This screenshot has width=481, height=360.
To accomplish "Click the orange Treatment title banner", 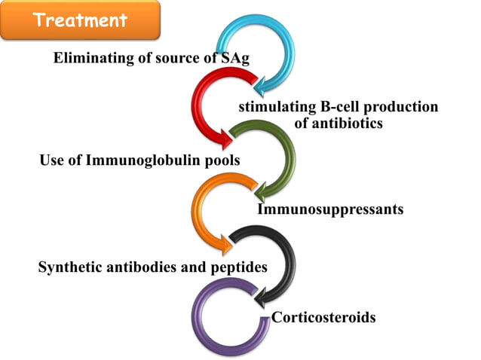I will tap(80, 20).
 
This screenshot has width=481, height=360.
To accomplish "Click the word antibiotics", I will tap(338, 123).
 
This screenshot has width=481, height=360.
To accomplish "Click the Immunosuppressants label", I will tap(330, 209).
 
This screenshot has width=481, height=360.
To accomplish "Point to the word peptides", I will tap(241, 267).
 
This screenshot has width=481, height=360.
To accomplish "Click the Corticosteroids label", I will tap(323, 317).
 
